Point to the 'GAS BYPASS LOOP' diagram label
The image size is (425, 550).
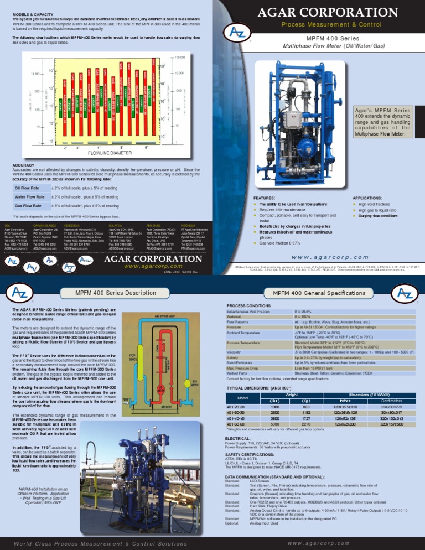165,316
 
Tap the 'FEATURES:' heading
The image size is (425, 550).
265,196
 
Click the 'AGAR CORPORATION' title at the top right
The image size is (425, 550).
319,12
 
